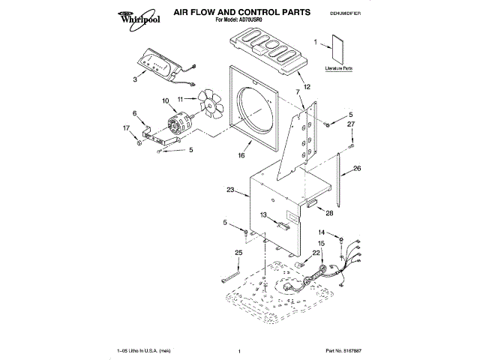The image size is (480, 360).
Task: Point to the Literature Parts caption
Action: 339,68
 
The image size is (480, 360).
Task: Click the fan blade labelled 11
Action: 211,106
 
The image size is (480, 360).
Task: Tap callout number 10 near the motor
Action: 166,100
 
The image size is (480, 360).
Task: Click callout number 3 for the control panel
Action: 135,78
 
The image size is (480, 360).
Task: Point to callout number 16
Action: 241,157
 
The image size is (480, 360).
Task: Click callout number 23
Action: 231,190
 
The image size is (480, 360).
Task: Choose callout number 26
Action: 357,169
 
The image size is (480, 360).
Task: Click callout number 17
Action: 126,128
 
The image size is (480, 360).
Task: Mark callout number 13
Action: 263,215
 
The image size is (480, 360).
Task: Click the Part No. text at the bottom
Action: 343,351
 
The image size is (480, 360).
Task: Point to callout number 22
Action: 316,253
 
